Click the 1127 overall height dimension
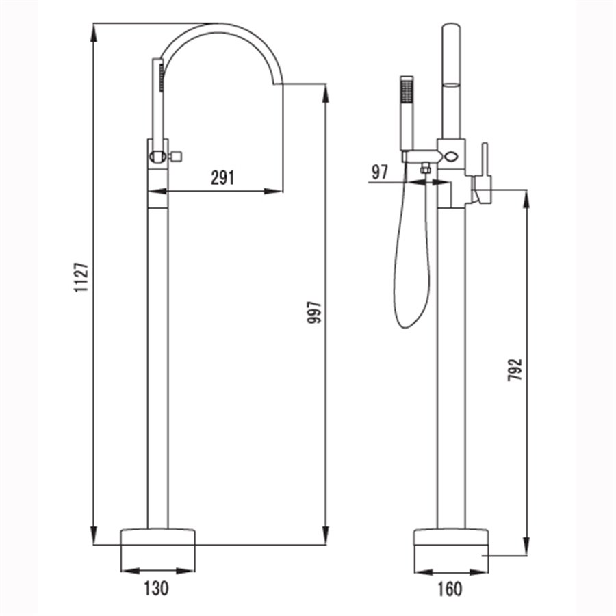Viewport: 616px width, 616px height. point(81,277)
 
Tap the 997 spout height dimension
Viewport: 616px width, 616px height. point(315,312)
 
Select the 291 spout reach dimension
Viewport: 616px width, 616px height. point(222,177)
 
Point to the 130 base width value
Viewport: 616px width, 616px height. point(156,588)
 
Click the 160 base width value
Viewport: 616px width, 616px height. point(450,589)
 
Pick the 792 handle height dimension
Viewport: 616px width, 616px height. point(515,370)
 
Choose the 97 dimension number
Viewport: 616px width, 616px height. point(379,172)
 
